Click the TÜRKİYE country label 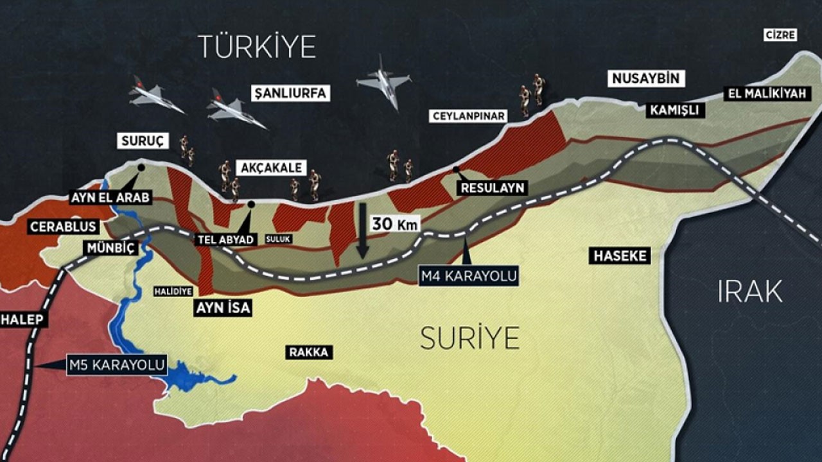click(257, 47)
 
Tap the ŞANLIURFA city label click(291, 94)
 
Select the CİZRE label click(780, 35)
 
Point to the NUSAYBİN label click(645, 79)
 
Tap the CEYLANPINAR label click(468, 116)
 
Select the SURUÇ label click(142, 141)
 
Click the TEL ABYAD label click(225, 239)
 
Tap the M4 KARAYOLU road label click(468, 277)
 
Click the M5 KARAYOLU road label click(117, 366)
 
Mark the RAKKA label click(309, 352)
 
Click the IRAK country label click(749, 292)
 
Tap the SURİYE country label click(469, 338)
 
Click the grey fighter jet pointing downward click(383, 81)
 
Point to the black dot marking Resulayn click(455, 169)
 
